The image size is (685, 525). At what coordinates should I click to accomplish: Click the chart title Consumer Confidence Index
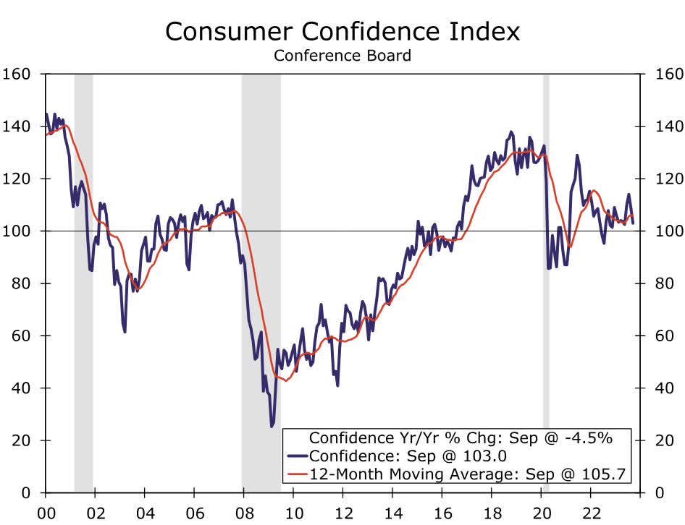pos(342,32)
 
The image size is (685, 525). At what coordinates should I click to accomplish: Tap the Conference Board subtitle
pos(342,56)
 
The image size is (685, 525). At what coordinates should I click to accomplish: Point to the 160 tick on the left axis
pos(17,74)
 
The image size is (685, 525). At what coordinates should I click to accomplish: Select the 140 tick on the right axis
pos(669,127)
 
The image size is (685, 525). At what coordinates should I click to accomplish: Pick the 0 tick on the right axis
pos(660,492)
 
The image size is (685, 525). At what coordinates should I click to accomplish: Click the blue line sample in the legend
pos(297,456)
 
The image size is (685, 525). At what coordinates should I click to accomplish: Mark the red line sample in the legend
pos(297,474)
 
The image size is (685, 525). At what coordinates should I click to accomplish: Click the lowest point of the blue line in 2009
pos(272,426)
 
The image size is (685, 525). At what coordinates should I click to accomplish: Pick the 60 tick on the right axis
pos(665,336)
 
